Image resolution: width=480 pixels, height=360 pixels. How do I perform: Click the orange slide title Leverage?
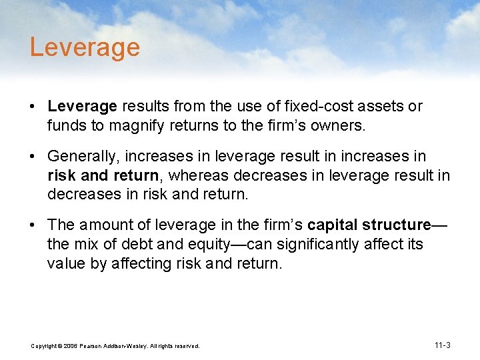pyautogui.click(x=85, y=47)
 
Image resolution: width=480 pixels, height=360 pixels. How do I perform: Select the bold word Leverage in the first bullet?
pyautogui.click(x=82, y=107)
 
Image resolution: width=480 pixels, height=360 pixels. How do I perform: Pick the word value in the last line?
pyautogui.click(x=66, y=263)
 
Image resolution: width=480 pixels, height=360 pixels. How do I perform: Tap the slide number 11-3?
pyautogui.click(x=442, y=345)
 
